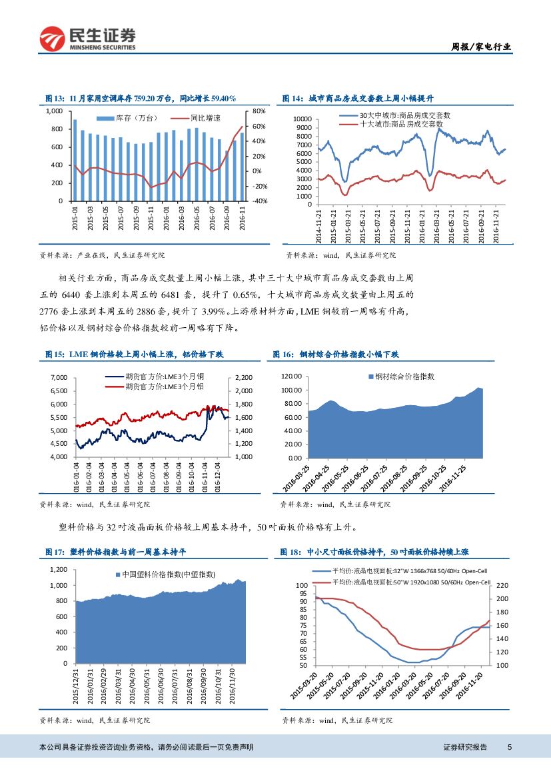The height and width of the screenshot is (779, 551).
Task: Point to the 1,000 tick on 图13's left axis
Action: [x=55, y=111]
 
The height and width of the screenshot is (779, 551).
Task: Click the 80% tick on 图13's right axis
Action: [x=261, y=111]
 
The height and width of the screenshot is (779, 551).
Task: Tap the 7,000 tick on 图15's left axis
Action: [x=59, y=378]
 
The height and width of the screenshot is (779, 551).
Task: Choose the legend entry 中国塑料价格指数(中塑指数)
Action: [x=167, y=574]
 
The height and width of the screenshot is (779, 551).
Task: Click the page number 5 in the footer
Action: [x=509, y=747]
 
